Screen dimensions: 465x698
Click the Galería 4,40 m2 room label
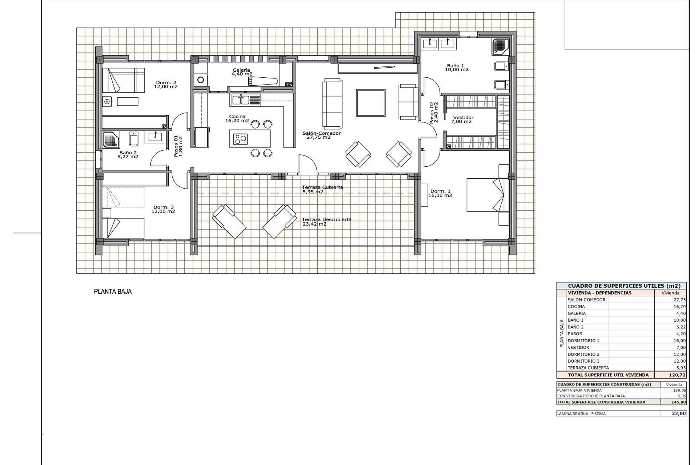click(x=242, y=72)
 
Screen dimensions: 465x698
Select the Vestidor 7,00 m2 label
click(x=463, y=120)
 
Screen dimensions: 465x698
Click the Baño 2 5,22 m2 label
click(x=128, y=155)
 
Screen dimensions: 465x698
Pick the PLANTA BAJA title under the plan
click(x=113, y=291)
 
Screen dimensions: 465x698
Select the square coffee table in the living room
click(x=370, y=103)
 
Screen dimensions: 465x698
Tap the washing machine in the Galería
click(x=200, y=79)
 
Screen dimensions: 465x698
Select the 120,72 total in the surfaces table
click(x=674, y=375)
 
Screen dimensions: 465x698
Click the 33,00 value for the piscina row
click(x=678, y=413)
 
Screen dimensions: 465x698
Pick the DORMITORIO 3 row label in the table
click(x=583, y=361)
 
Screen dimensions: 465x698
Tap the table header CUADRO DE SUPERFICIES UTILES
click(x=621, y=286)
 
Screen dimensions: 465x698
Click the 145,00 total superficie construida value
click(x=678, y=402)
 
